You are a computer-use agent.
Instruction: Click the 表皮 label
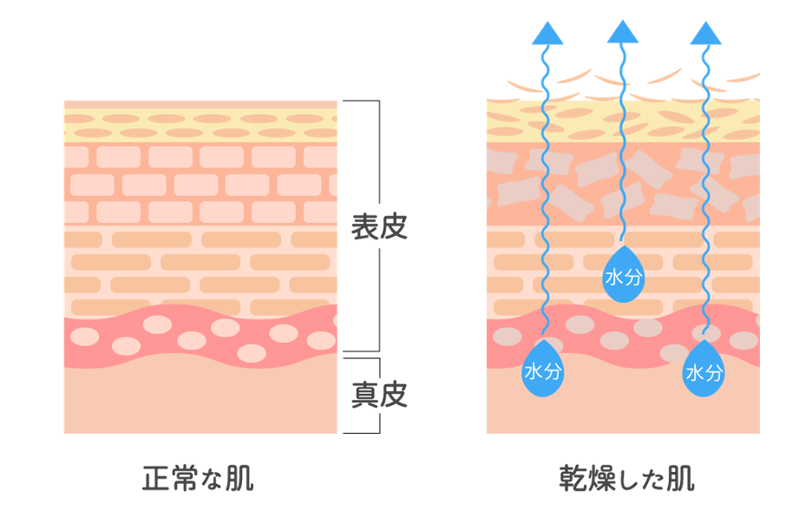click(379, 226)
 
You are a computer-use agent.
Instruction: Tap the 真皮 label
click(379, 396)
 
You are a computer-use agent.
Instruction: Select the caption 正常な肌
click(198, 478)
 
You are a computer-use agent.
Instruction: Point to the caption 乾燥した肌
click(627, 478)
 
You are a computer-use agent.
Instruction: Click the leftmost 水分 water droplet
click(544, 370)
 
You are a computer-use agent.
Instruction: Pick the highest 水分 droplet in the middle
click(623, 277)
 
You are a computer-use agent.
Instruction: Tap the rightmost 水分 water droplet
click(704, 370)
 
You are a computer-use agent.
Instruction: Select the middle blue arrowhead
click(623, 32)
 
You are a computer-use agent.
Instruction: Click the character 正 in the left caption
click(156, 478)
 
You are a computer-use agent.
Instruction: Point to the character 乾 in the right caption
click(574, 478)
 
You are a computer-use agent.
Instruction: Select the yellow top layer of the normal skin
click(200, 126)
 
